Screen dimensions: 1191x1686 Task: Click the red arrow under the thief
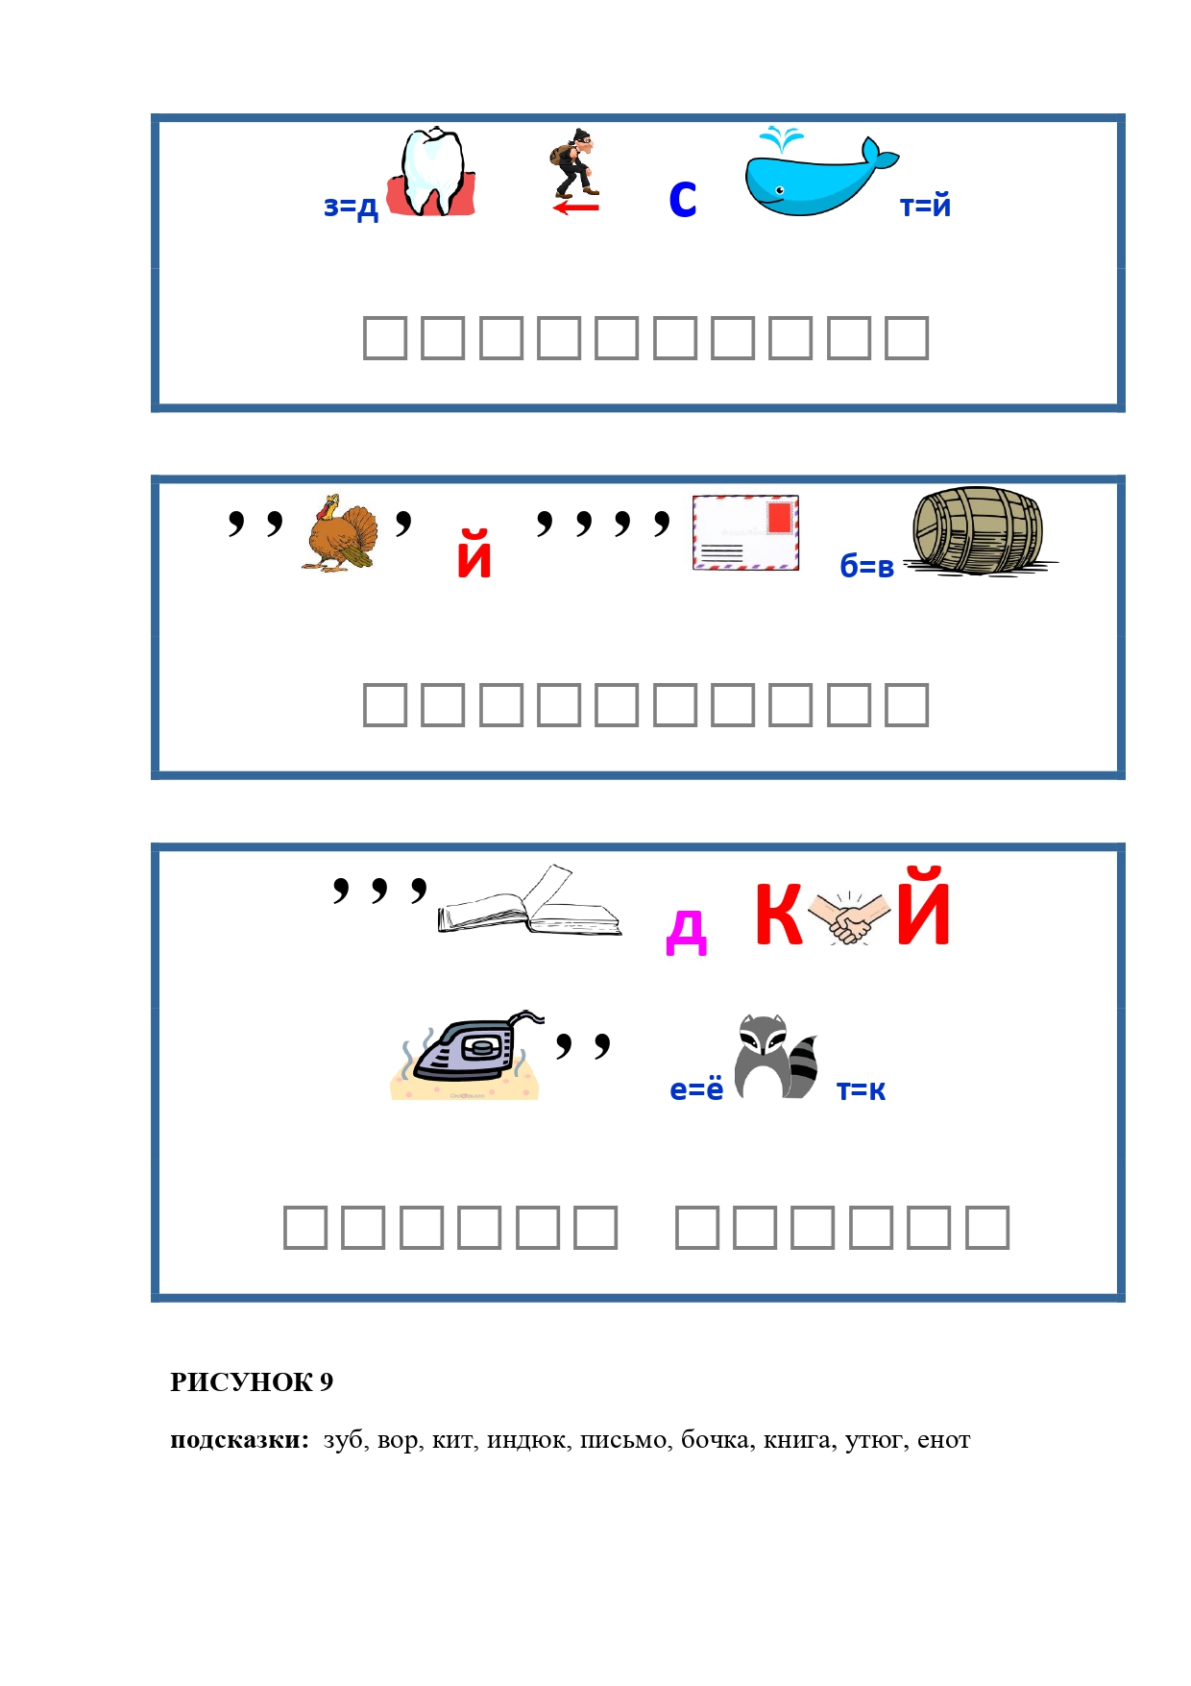[576, 207]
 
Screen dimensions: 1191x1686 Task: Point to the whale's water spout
[781, 139]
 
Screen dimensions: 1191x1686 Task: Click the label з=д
[352, 207]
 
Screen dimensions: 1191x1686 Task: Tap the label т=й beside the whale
[925, 205]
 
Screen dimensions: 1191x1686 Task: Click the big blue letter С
[683, 200]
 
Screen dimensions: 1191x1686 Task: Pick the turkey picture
[341, 533]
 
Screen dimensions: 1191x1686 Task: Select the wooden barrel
[979, 531]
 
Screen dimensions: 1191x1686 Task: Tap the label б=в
[866, 566]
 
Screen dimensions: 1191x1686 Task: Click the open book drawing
[530, 901]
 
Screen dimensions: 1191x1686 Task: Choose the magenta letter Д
[687, 931]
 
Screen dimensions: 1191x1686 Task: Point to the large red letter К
[779, 914]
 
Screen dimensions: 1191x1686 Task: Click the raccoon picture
[776, 1057]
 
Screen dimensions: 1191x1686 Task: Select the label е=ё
[696, 1088]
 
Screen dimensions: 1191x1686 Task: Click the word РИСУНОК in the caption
[241, 1381]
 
